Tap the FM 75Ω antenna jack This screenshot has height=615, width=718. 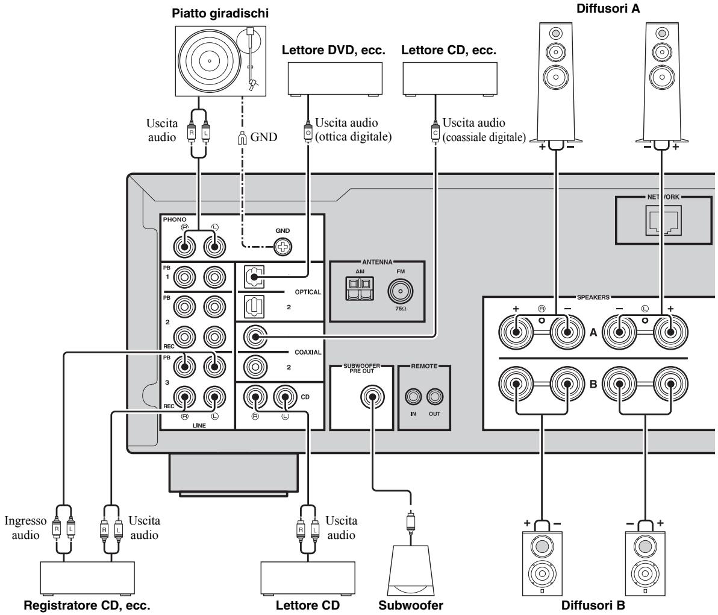398,292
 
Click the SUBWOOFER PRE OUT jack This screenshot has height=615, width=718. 372,397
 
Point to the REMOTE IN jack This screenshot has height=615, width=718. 414,397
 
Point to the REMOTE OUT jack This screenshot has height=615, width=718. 435,397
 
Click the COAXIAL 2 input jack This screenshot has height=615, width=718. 253,365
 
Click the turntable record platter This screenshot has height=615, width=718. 208,61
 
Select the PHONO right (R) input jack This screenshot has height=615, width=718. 183,246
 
